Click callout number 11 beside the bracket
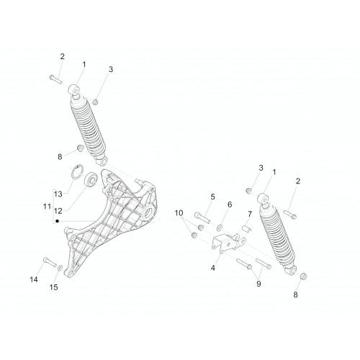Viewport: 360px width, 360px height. click(x=47, y=206)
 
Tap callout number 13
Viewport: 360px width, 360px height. click(x=58, y=194)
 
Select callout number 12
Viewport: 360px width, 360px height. click(x=58, y=211)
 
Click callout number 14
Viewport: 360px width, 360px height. click(x=34, y=279)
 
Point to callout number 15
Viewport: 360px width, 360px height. click(x=54, y=287)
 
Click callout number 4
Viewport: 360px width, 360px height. click(x=213, y=268)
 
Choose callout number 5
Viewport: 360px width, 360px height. click(x=212, y=197)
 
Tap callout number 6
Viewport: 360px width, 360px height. click(x=230, y=204)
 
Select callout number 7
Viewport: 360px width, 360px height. click(x=250, y=214)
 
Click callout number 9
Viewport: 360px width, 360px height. click(x=258, y=284)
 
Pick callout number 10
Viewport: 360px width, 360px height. click(x=179, y=213)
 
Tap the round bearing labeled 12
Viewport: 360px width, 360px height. click(x=91, y=179)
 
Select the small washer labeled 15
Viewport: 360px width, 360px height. click(x=60, y=267)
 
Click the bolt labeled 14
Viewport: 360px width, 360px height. click(x=50, y=261)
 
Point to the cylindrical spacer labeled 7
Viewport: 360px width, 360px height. click(x=246, y=228)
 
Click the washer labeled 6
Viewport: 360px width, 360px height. click(x=220, y=227)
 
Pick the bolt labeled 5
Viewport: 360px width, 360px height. click(x=202, y=217)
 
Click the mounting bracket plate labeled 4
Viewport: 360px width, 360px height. click(x=227, y=243)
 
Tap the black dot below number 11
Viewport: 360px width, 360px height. click(x=57, y=221)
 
